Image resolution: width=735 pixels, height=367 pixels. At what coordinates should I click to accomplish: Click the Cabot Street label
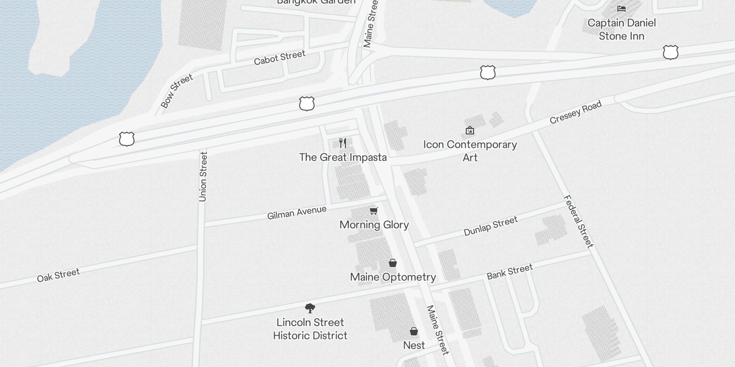279,58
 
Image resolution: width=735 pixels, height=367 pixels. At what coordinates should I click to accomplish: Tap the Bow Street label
177,91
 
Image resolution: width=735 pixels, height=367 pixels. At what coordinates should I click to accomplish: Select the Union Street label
203,177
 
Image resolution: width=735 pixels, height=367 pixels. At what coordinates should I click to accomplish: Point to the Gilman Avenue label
297,212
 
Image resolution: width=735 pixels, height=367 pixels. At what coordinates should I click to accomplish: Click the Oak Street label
58,275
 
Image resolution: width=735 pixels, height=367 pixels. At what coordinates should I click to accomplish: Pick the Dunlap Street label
491,226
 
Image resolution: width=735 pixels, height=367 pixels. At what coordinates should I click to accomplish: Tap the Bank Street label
510,272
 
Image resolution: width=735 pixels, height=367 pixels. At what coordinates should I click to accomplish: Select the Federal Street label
578,222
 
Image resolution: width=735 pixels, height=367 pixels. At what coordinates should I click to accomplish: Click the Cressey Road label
576,112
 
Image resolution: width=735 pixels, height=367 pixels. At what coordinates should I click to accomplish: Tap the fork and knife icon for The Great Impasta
343,143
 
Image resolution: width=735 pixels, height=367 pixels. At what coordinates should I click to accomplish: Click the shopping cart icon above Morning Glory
374,211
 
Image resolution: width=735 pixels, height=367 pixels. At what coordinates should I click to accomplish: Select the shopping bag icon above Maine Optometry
393,263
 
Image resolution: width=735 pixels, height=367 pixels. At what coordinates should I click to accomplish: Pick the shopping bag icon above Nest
414,331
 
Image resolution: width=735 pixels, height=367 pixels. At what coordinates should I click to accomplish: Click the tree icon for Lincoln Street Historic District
310,308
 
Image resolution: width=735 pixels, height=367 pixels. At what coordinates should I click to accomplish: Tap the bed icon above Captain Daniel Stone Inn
622,9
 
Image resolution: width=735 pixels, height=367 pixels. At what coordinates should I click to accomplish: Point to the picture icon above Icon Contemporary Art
470,131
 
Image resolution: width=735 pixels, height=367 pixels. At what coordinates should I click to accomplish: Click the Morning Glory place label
374,225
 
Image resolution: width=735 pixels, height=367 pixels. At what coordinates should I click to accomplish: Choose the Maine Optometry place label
393,277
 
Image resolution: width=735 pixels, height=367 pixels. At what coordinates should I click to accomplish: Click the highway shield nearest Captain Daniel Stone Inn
671,52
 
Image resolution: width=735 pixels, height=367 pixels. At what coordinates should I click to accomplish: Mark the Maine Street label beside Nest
437,330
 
